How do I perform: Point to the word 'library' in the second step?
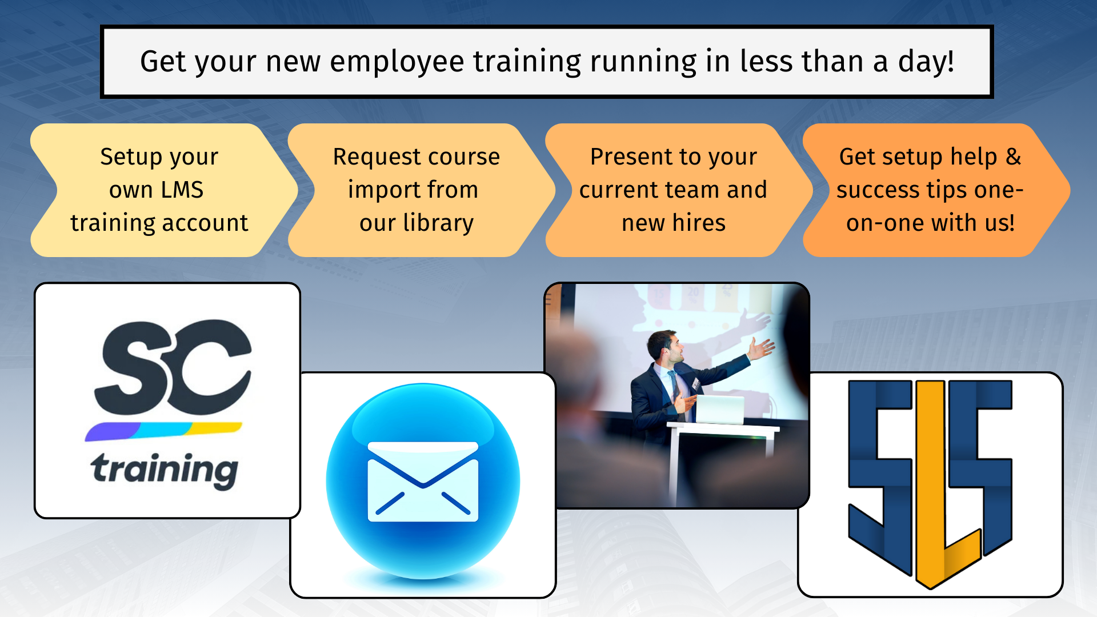pos(438,223)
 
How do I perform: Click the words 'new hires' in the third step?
pos(674,223)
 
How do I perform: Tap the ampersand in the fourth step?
pos(1014,157)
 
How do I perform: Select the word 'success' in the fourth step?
pos(877,190)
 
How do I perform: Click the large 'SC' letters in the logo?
pos(173,367)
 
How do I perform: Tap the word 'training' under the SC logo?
pos(165,470)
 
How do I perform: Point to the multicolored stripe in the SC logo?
pos(163,431)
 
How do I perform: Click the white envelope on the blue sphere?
pos(423,482)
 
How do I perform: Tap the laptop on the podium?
pos(719,410)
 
